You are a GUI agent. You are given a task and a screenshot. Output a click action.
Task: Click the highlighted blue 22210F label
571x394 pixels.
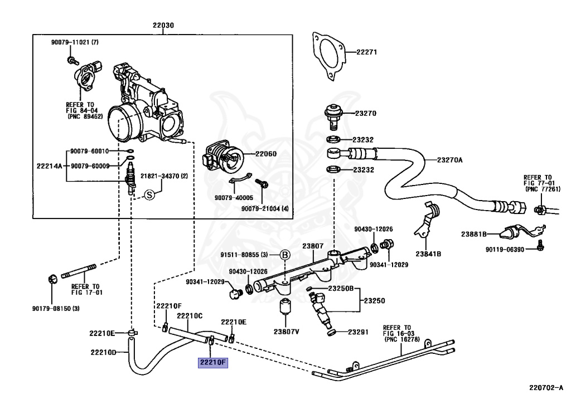tap(213, 362)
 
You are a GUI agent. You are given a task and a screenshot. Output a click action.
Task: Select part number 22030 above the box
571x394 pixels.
tap(163, 25)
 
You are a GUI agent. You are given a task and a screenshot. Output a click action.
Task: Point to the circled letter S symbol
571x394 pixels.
tap(149, 195)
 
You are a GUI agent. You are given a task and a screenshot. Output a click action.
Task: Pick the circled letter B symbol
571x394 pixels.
tap(285, 255)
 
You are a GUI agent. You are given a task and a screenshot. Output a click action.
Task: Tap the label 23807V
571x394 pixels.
tap(286, 332)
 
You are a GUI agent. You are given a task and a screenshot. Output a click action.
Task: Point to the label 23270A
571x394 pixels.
tap(450, 160)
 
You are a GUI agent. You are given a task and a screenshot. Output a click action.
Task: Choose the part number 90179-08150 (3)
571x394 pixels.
tap(56, 309)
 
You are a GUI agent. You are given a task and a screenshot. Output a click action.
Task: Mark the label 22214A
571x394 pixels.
tap(50, 166)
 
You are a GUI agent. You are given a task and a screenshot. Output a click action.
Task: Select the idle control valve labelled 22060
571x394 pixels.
tap(222, 159)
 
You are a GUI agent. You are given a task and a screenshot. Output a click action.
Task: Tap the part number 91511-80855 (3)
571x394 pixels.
tap(244, 255)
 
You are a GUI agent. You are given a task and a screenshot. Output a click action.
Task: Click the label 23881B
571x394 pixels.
tap(474, 234)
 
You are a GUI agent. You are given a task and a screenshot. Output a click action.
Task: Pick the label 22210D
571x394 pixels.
tap(103, 352)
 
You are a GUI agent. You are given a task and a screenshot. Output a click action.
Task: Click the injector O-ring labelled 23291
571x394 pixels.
tap(331, 333)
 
